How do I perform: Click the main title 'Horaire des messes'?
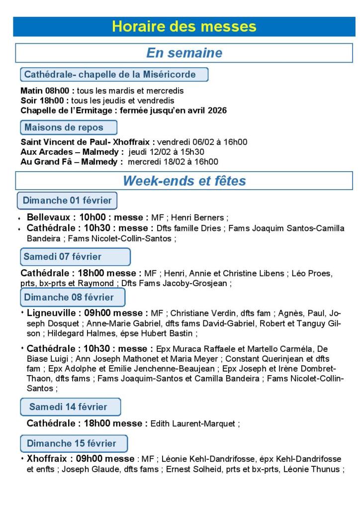point(184,27)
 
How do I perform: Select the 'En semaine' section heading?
point(184,53)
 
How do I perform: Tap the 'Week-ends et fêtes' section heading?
point(184,181)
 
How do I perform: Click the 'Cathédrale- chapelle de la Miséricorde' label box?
point(114,75)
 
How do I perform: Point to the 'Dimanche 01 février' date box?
point(67,201)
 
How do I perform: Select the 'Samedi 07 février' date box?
point(75,257)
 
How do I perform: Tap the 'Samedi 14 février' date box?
point(71,407)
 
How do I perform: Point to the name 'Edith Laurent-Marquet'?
point(193,424)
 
